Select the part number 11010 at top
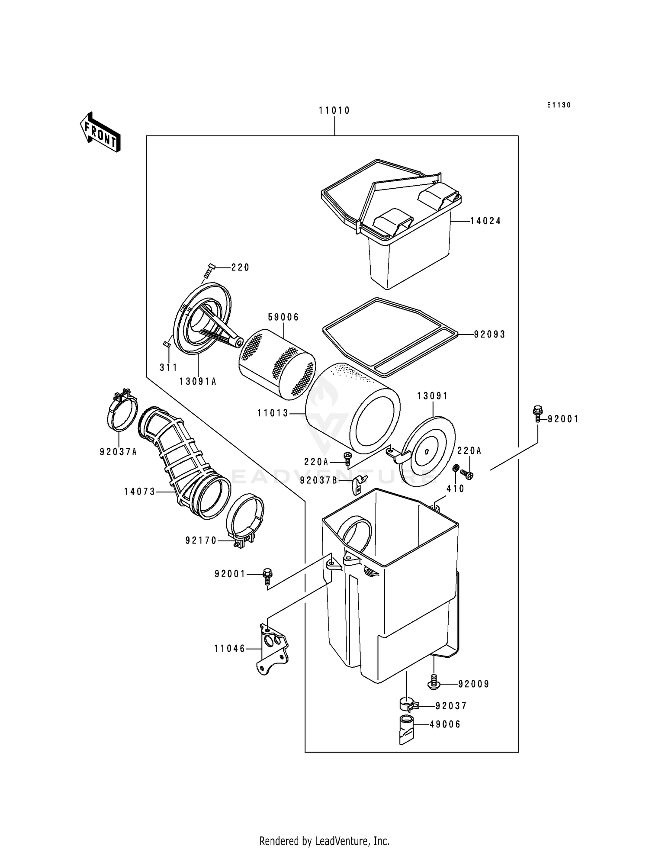click(334, 111)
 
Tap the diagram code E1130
click(559, 105)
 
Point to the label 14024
click(485, 221)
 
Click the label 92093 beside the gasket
click(489, 334)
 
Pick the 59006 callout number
click(283, 317)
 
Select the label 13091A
click(198, 381)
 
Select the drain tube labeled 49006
click(407, 730)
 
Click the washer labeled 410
click(455, 469)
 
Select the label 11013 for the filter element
click(273, 413)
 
